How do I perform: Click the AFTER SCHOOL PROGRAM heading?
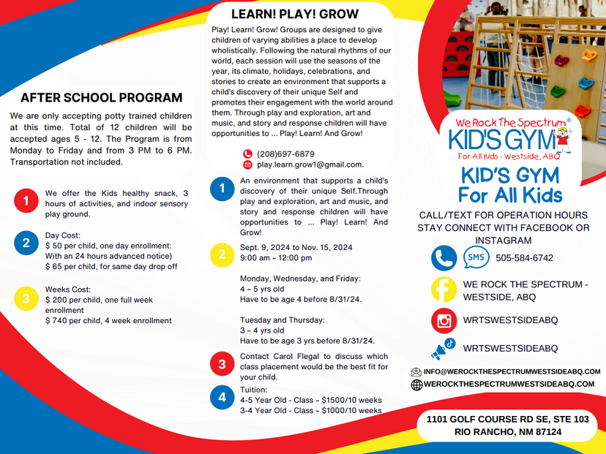tap(101, 97)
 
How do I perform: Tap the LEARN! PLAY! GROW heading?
tap(295, 14)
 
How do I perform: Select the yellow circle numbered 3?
tap(26, 298)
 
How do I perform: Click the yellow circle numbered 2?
tap(222, 254)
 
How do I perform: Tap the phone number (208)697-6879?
tap(285, 154)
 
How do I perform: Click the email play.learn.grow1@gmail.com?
tap(310, 165)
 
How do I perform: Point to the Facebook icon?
tap(444, 290)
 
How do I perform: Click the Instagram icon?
tap(444, 321)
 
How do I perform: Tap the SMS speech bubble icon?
tap(476, 257)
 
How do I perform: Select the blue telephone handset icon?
tap(444, 257)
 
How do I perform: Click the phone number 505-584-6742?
tap(524, 258)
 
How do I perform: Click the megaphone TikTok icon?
tap(444, 349)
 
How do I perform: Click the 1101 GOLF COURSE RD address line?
tap(508, 419)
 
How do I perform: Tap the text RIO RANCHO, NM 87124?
tap(508, 432)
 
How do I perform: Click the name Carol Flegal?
tap(287, 357)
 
